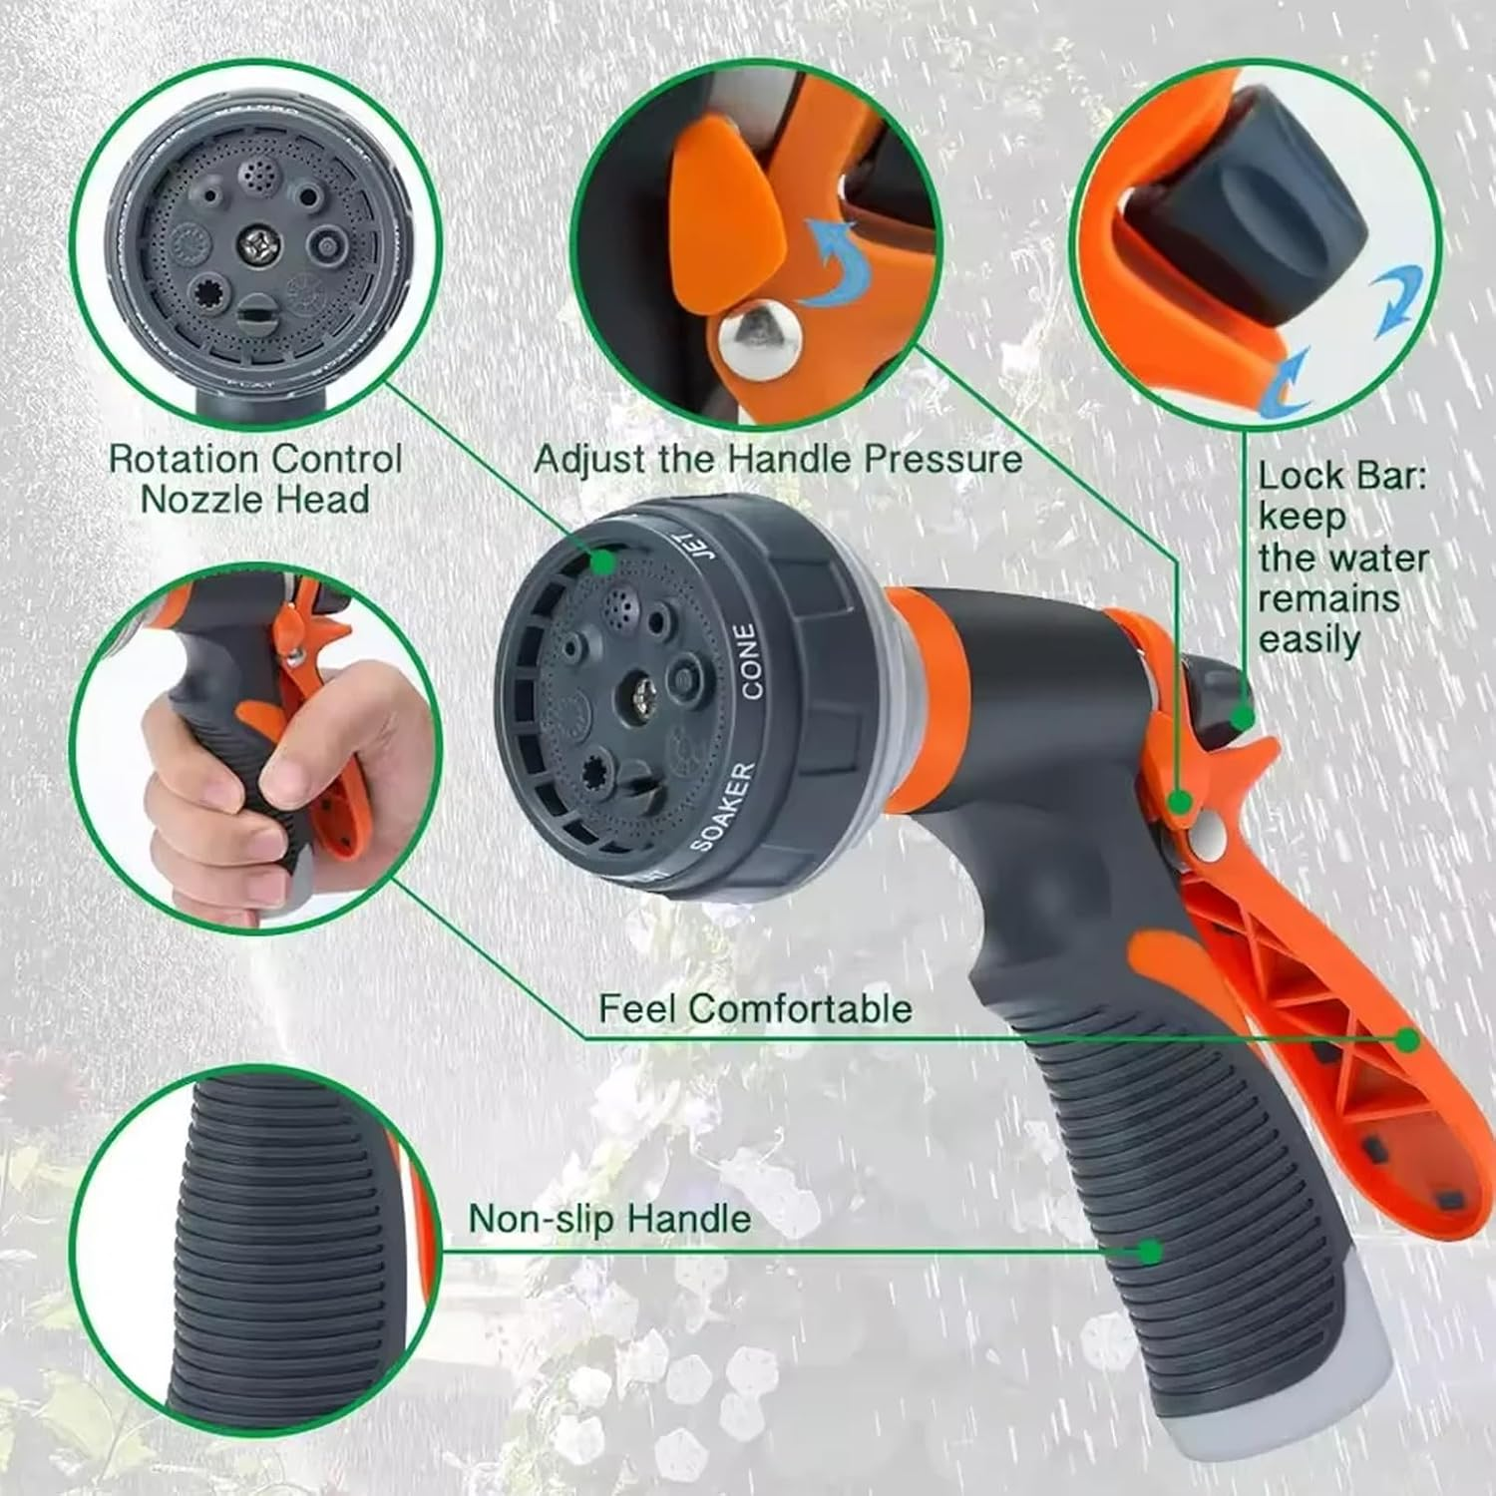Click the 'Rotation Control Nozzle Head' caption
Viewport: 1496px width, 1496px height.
(x=255, y=479)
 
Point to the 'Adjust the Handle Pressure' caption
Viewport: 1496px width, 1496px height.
(x=778, y=459)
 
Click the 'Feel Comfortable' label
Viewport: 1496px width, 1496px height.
(x=755, y=1008)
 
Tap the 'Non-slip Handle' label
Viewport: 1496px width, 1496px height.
(x=609, y=1219)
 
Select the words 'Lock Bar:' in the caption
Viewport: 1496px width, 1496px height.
(x=1341, y=476)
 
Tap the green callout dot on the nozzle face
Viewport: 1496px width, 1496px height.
(x=601, y=561)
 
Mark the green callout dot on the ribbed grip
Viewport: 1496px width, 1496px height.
(x=1150, y=1251)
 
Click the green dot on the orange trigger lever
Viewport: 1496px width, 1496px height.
(x=1407, y=1040)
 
